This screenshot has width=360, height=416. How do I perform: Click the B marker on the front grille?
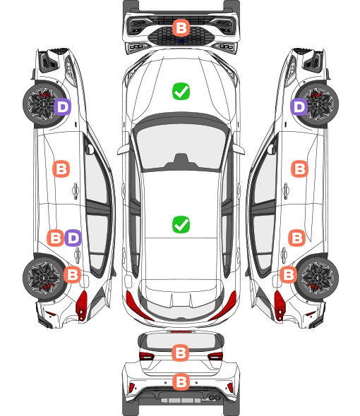coord(181,27)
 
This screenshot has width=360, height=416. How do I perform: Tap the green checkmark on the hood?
coord(181,91)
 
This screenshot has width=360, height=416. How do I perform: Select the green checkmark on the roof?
coord(181,224)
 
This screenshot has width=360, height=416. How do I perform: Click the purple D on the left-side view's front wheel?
coord(62,106)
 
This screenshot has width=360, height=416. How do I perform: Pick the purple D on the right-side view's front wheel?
coord(299,106)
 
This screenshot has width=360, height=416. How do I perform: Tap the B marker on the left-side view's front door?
coord(61,169)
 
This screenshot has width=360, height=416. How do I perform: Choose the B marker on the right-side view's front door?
coord(300,169)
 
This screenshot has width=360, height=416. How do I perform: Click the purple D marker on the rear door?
coord(73,238)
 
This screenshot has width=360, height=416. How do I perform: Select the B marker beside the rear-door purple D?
coord(55,238)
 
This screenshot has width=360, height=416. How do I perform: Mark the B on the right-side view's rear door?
coord(296,238)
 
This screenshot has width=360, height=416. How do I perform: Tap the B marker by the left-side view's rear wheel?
coord(72,274)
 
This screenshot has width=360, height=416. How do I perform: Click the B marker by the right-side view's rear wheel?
coord(288,274)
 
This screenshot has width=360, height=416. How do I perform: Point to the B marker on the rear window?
coord(181,353)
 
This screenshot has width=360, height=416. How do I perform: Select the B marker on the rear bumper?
coord(181,381)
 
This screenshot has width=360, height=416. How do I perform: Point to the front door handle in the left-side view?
coord(76,190)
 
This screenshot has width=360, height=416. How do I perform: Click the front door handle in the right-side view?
coord(286,190)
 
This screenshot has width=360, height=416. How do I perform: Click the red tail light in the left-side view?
coord(81,305)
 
